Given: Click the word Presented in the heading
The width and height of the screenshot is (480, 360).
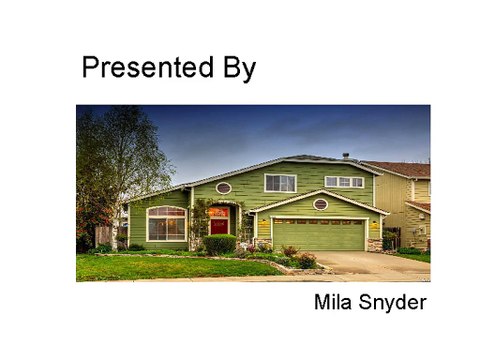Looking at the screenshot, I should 137,68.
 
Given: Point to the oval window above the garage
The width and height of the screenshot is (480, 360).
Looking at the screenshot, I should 320,204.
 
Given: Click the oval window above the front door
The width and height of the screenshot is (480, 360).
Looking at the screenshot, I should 224,188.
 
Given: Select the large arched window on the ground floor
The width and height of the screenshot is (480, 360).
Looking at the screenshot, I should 166,223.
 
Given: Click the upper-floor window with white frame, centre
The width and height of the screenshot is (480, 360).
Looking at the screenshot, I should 280,182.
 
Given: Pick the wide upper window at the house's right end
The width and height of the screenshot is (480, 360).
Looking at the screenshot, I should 344,182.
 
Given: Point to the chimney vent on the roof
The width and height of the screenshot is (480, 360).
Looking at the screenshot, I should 346,157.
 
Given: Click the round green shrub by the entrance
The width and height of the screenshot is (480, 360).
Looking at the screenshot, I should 220,244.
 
